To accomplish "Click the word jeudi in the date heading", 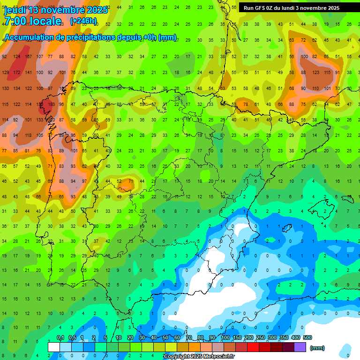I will [x=15, y=10].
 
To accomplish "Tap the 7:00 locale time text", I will [x=32, y=21].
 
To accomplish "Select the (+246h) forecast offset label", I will [x=83, y=21].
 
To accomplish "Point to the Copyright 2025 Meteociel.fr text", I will [x=199, y=357].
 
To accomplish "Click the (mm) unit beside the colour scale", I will [x=317, y=348].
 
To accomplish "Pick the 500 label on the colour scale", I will [x=307, y=338].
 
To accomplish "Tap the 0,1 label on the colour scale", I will [x=60, y=338].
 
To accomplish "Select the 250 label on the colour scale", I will [x=260, y=338].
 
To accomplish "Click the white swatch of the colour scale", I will [x=54, y=347].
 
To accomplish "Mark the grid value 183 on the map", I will [x=51, y=105].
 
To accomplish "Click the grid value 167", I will [x=28, y=57].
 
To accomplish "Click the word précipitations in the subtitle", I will [x=105, y=37].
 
